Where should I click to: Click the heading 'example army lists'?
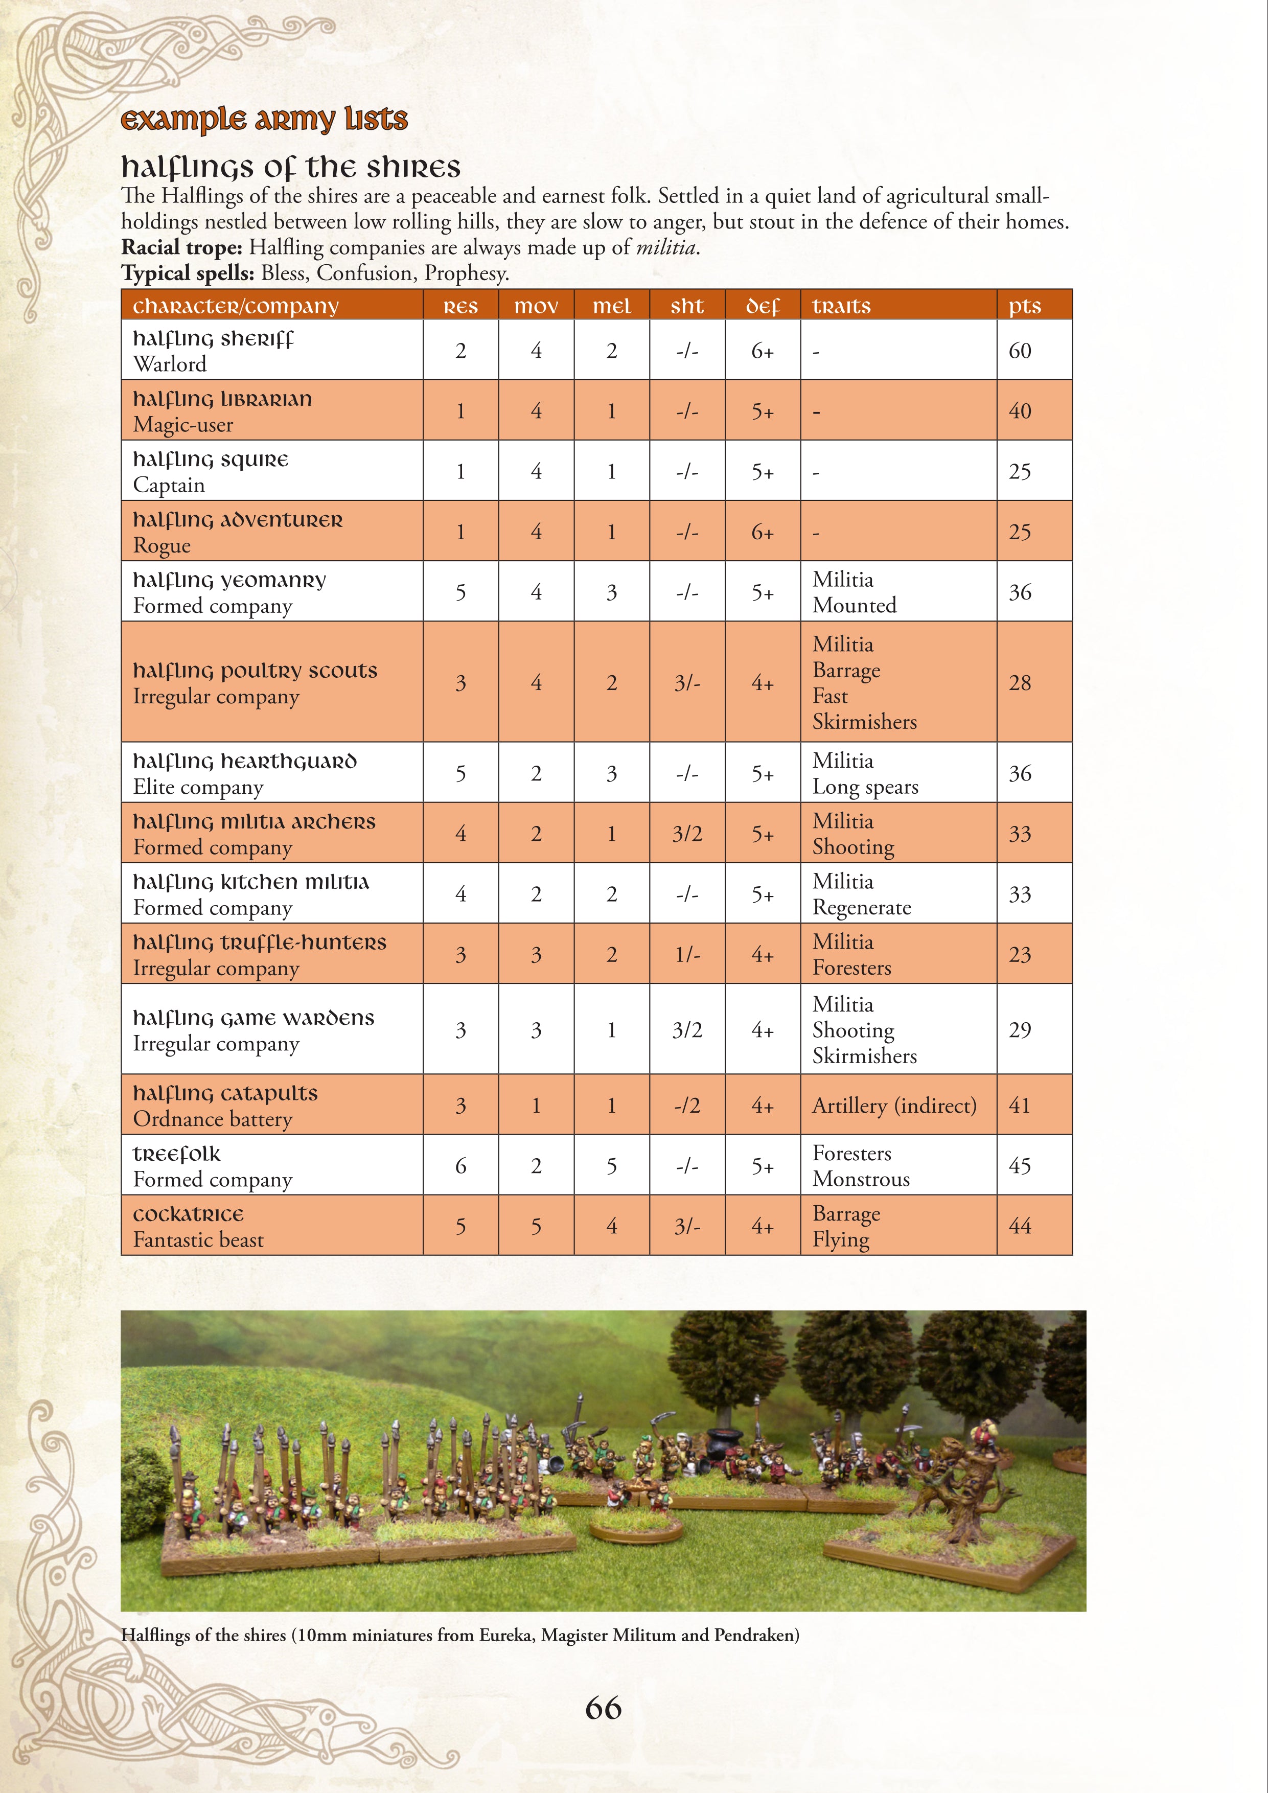pos(264,120)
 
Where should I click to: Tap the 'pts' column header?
pos(1024,306)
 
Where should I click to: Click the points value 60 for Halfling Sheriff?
pos(1020,351)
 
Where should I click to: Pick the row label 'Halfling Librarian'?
pos(222,400)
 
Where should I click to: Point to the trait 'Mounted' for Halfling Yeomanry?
pos(854,605)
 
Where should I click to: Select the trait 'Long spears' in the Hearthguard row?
pos(865,787)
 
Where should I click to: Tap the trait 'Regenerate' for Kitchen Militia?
pos(861,907)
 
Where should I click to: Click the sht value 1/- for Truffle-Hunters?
pos(687,954)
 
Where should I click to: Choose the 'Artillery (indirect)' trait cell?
pos(894,1105)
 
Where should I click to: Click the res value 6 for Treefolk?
pos(460,1166)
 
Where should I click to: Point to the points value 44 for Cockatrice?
pos(1020,1226)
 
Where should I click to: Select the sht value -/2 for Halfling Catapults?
pos(687,1105)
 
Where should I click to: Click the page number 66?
pos(603,1708)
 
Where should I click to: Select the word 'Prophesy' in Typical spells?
pos(466,273)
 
